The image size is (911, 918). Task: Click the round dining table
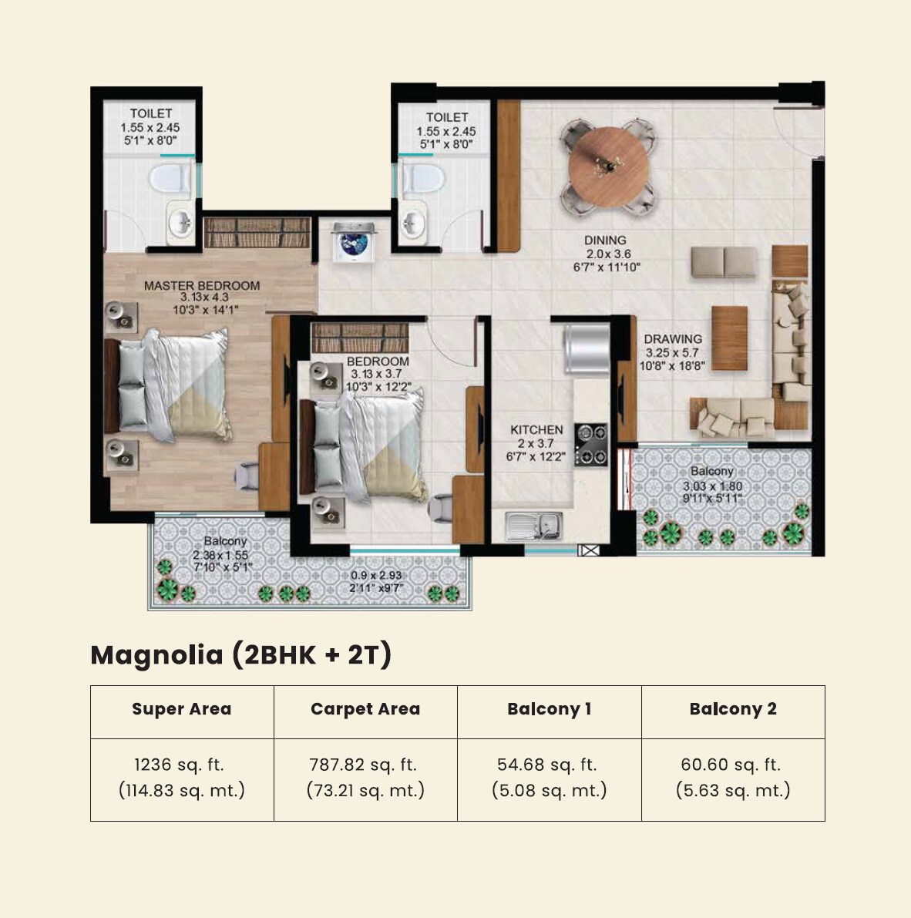(608, 168)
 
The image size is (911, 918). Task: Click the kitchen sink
(535, 526)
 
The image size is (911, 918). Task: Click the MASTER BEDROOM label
(202, 286)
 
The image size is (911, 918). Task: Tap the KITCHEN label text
(536, 430)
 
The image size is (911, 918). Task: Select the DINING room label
(605, 240)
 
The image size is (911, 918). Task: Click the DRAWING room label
(673, 339)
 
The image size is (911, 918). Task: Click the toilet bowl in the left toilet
(170, 179)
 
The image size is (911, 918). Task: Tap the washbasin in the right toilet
(414, 223)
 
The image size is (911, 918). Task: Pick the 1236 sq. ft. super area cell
(181, 777)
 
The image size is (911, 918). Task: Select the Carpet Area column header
(365, 709)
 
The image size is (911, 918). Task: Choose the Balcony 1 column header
(549, 709)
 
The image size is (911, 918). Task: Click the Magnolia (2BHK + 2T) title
(241, 654)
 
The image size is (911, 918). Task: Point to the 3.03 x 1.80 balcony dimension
(712, 486)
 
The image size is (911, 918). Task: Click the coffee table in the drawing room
(729, 330)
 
